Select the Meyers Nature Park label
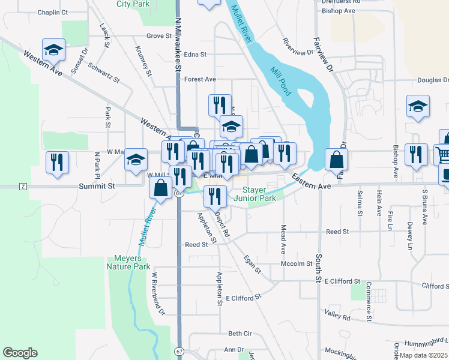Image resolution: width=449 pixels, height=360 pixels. [128, 262]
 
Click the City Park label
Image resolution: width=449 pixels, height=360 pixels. [133, 4]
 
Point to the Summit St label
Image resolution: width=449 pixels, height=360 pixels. [97, 187]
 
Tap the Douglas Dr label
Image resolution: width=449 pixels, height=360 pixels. [432, 80]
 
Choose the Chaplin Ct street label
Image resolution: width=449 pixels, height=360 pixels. [53, 12]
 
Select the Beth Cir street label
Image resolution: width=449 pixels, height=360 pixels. [240, 334]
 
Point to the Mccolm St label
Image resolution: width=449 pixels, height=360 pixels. [297, 263]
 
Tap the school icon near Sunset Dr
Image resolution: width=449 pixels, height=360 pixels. [53, 50]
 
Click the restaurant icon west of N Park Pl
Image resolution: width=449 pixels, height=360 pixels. [58, 162]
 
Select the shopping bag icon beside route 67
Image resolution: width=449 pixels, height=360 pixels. [161, 188]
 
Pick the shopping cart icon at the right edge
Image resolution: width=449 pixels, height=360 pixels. [444, 154]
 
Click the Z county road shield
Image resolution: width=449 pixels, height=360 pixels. [23, 187]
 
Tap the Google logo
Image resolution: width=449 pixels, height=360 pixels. [20, 352]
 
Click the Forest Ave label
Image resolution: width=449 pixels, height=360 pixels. [200, 79]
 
